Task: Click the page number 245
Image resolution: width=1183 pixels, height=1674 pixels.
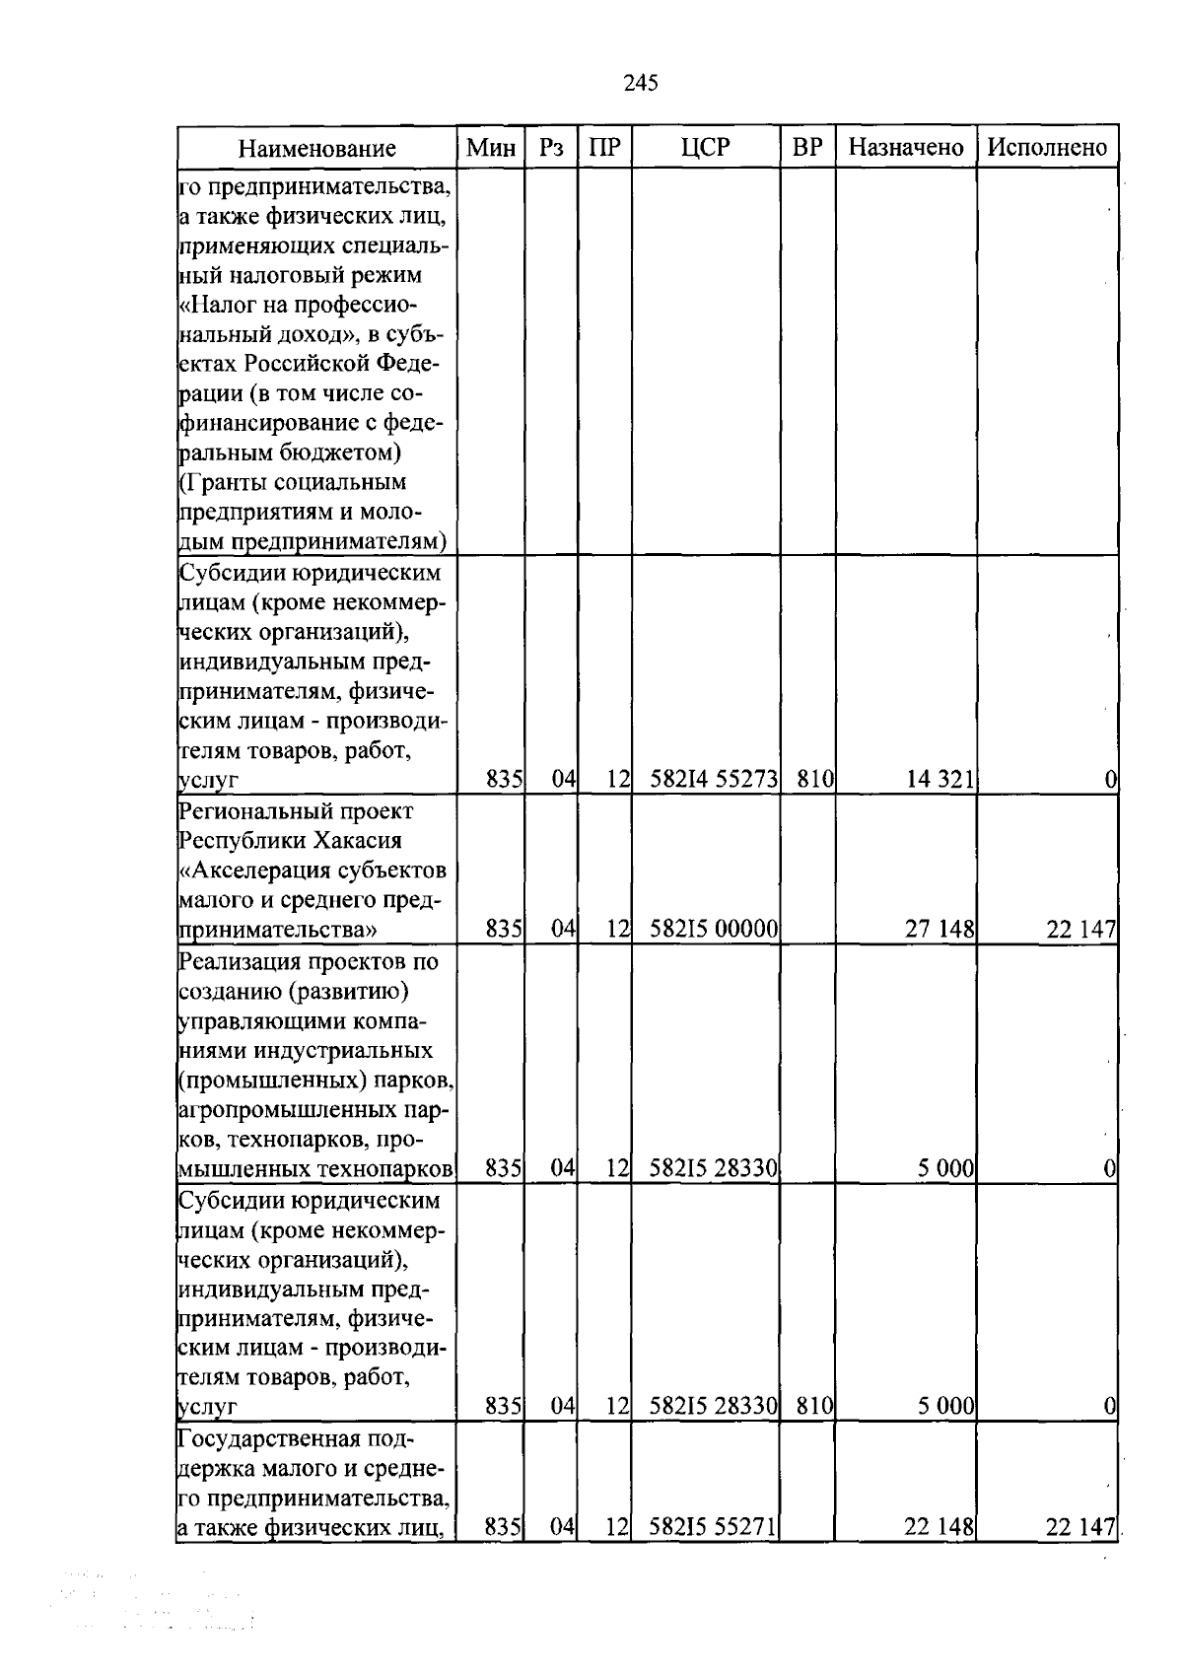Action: tap(641, 83)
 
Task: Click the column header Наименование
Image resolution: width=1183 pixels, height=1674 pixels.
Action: tap(316, 148)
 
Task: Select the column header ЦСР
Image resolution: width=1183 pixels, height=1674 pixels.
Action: tap(705, 147)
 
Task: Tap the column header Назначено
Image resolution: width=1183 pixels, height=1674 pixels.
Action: tap(905, 147)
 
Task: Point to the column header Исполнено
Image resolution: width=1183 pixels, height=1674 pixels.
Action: tap(1047, 147)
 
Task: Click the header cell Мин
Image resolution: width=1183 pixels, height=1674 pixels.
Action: tap(490, 147)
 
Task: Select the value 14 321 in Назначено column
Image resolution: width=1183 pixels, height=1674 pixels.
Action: tap(939, 780)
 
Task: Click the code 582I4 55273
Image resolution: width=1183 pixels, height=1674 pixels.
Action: tap(714, 780)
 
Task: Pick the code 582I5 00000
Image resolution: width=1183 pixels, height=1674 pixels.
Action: tap(714, 929)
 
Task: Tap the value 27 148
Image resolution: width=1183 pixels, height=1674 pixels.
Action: tap(939, 929)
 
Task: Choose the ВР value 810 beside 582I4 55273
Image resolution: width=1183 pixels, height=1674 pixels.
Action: tap(814, 780)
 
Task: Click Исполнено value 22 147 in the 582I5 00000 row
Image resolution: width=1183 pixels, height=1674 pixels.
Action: tap(1080, 929)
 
